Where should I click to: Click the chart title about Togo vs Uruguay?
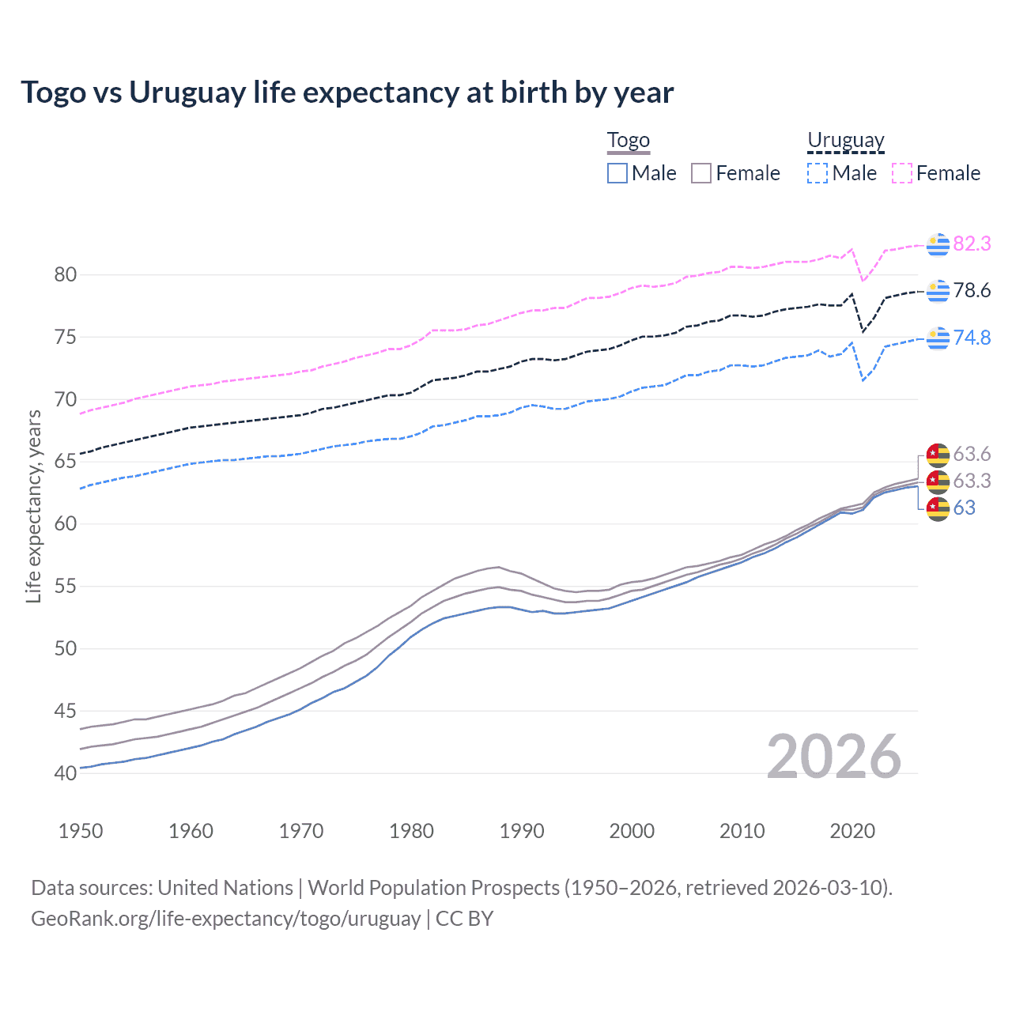pyautogui.click(x=347, y=93)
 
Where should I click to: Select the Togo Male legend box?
pyautogui.click(x=617, y=173)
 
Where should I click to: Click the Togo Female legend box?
pyautogui.click(x=701, y=173)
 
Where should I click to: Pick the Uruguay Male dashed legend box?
pyautogui.click(x=818, y=173)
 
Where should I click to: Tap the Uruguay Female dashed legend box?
pyautogui.click(x=902, y=173)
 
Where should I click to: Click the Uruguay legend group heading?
pyautogui.click(x=845, y=141)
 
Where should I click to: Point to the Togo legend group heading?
pyautogui.click(x=628, y=141)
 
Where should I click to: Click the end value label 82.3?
pyautogui.click(x=972, y=244)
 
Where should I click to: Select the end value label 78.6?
pyautogui.click(x=972, y=290)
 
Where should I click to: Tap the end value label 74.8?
pyautogui.click(x=972, y=338)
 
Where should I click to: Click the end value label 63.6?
pyautogui.click(x=972, y=454)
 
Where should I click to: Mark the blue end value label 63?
pyautogui.click(x=965, y=508)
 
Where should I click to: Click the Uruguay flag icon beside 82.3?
pyautogui.click(x=938, y=244)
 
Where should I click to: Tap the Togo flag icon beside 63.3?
pyautogui.click(x=938, y=481)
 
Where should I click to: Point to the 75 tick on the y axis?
pyautogui.click(x=65, y=338)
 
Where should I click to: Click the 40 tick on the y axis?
pyautogui.click(x=65, y=773)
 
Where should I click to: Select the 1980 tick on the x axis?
pyautogui.click(x=411, y=831)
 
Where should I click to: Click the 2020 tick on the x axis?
pyautogui.click(x=852, y=831)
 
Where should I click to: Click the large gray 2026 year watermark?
pyautogui.click(x=833, y=757)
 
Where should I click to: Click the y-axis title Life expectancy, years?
pyautogui.click(x=33, y=506)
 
